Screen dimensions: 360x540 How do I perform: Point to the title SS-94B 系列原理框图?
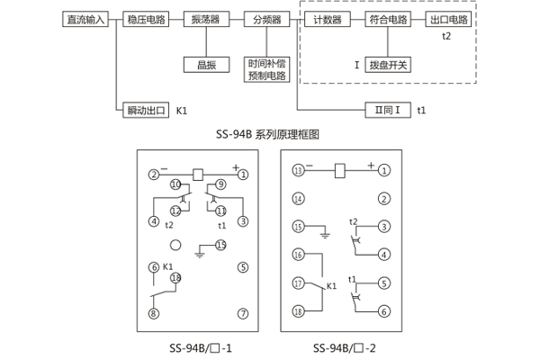269,133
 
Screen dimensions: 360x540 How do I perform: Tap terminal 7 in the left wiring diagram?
242,313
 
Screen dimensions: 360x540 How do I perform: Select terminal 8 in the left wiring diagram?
154,313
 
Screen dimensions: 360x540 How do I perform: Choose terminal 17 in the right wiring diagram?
298,283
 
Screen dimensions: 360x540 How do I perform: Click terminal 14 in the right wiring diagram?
298,199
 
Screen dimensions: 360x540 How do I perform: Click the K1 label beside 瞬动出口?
183,111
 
